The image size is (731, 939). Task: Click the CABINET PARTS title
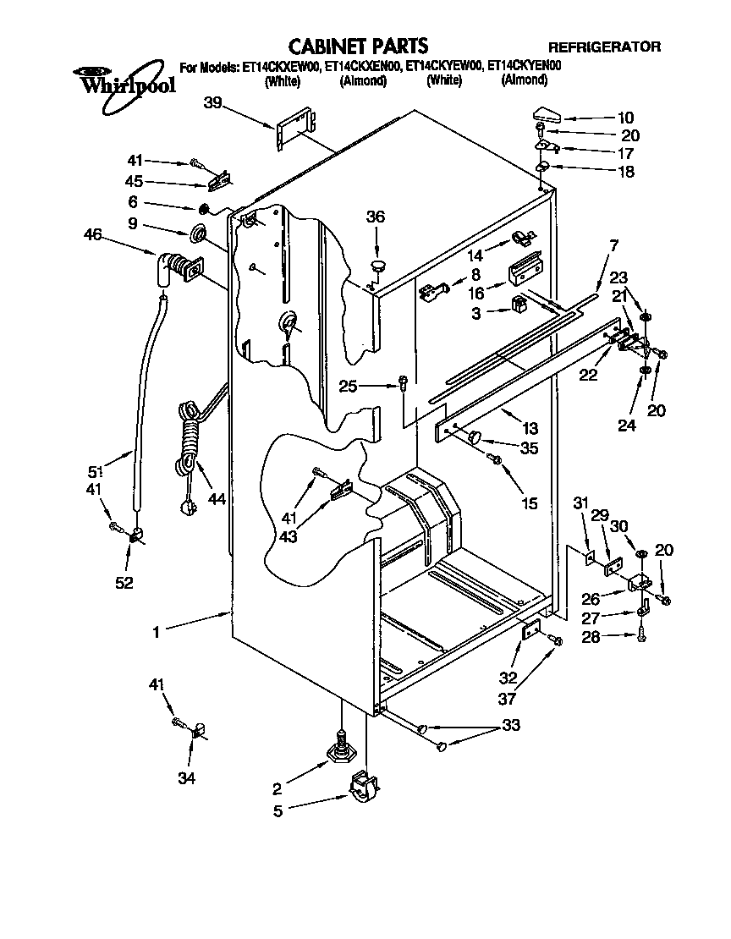[x=358, y=45]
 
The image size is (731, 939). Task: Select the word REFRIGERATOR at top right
[x=604, y=47]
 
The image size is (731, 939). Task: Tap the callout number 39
[x=213, y=102]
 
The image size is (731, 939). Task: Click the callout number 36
[x=375, y=217]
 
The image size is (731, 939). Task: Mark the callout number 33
[x=510, y=725]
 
